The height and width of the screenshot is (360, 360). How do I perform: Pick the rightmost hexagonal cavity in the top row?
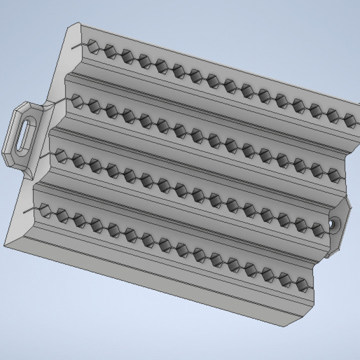tap(349, 119)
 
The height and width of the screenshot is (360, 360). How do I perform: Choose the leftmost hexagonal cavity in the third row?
tap(62, 158)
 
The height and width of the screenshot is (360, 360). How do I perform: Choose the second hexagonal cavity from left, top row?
tap(110, 50)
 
